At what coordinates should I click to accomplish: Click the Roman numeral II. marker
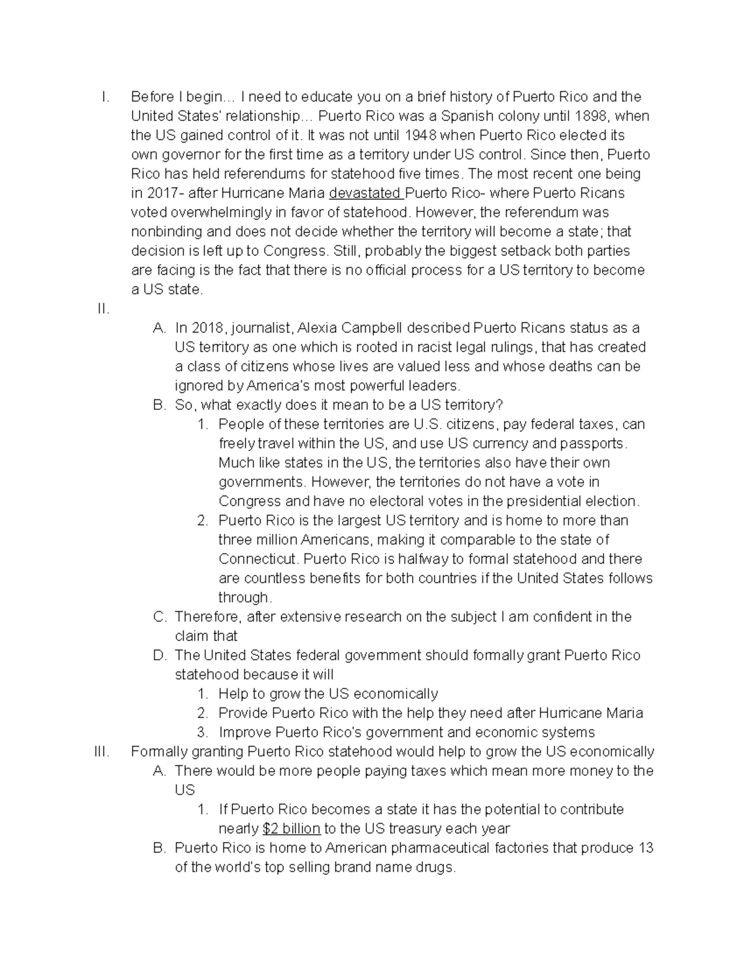pos(104,309)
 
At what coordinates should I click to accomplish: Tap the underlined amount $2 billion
pos(291,828)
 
